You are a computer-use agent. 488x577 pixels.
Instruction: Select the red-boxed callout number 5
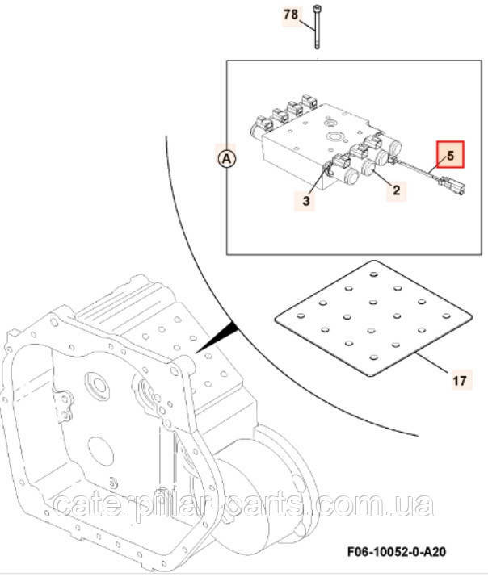[x=451, y=153]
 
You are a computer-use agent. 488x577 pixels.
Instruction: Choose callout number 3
[x=306, y=200]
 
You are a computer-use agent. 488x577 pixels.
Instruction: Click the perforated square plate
[x=372, y=320]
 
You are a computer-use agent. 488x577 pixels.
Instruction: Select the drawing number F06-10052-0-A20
[x=389, y=552]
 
